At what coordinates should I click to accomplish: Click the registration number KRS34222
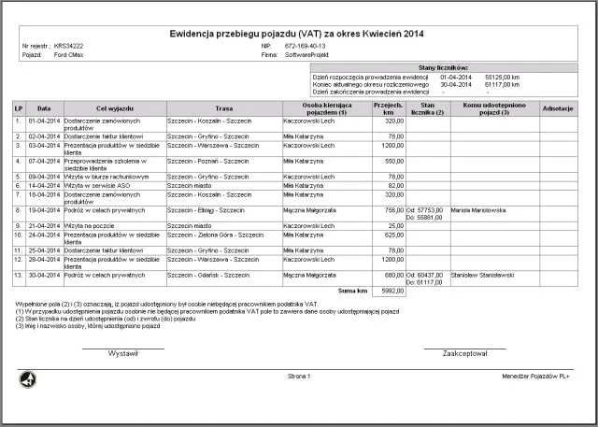click(x=69, y=46)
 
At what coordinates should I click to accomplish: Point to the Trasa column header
click(x=223, y=108)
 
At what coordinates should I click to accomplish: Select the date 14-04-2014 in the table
click(x=44, y=185)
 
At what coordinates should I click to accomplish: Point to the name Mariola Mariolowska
click(x=478, y=210)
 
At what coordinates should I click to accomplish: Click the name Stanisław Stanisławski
click(x=483, y=275)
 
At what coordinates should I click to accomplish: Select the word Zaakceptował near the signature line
click(x=465, y=354)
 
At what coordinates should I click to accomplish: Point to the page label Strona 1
click(x=300, y=376)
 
